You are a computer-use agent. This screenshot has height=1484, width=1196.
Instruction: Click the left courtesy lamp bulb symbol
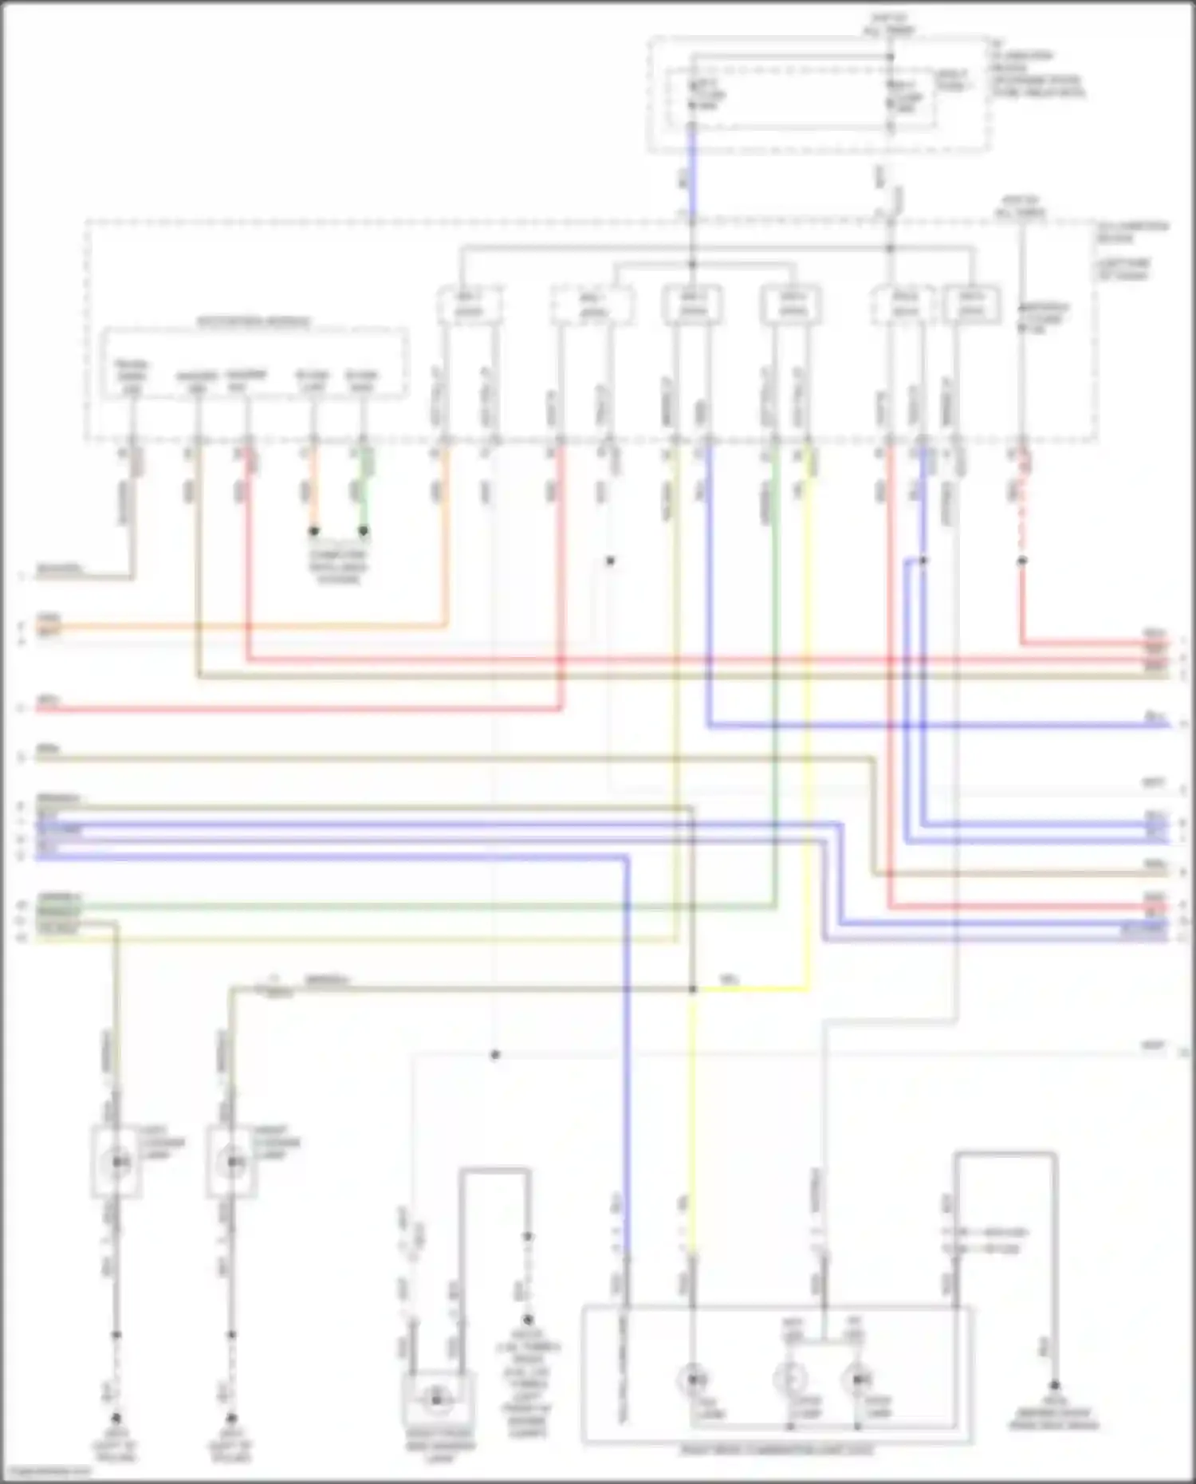pyautogui.click(x=118, y=1162)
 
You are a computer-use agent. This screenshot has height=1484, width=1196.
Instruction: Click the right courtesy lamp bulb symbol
pyautogui.click(x=232, y=1162)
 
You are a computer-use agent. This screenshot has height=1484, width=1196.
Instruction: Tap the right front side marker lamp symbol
pyautogui.click(x=436, y=1397)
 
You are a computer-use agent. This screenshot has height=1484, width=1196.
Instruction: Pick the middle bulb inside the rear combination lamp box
pyautogui.click(x=790, y=1379)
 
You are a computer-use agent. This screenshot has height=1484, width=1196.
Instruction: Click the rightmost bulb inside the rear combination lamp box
pyautogui.click(x=858, y=1379)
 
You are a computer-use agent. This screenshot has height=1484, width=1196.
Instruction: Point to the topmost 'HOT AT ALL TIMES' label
pyautogui.click(x=890, y=24)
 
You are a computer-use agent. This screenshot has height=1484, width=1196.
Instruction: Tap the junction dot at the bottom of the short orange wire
pyautogui.click(x=314, y=530)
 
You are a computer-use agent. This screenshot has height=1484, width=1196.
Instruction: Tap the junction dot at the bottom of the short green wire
pyautogui.click(x=364, y=530)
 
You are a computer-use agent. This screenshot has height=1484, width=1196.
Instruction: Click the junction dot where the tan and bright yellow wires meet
pyautogui.click(x=692, y=990)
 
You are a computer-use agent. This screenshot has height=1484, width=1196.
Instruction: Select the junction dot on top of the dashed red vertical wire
pyautogui.click(x=1021, y=561)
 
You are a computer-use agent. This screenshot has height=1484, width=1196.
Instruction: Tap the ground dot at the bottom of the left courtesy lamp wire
pyautogui.click(x=116, y=1418)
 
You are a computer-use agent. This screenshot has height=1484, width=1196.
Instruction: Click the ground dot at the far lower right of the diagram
pyautogui.click(x=1054, y=1385)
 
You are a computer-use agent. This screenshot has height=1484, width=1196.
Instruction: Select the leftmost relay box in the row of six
pyautogui.click(x=470, y=305)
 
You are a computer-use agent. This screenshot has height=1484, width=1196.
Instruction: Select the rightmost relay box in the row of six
pyautogui.click(x=971, y=305)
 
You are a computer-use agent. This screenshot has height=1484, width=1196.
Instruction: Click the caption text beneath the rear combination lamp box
pyautogui.click(x=777, y=1451)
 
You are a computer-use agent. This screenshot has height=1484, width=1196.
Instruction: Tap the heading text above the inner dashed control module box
pyautogui.click(x=254, y=322)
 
